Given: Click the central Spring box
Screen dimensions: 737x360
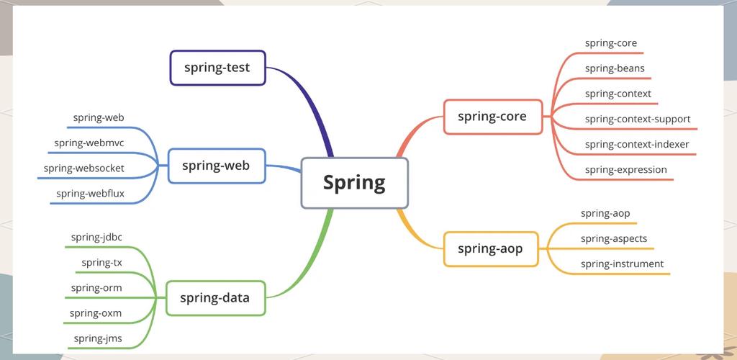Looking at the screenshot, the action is click(x=354, y=183).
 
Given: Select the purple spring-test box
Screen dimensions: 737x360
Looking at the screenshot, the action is click(x=217, y=68).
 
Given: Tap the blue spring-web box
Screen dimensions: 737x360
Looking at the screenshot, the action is click(x=217, y=166).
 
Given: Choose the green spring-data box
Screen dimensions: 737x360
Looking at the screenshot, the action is click(x=216, y=298).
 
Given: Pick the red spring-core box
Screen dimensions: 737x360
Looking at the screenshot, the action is click(x=493, y=117).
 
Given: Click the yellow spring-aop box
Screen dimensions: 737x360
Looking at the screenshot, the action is click(x=491, y=249).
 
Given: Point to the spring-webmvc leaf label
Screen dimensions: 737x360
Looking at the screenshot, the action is click(x=89, y=143).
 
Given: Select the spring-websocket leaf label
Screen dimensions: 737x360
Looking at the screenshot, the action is click(x=84, y=168).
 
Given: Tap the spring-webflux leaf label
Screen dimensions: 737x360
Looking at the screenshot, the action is click(x=90, y=193).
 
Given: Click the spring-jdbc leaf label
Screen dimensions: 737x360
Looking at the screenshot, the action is click(x=96, y=238).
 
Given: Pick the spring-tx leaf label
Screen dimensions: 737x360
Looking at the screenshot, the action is click(x=101, y=263).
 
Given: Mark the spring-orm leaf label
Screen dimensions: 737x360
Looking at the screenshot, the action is click(x=96, y=288).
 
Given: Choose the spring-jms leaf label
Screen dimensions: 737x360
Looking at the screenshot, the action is click(x=98, y=339).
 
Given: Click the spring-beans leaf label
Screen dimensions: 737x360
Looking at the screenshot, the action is click(x=615, y=68).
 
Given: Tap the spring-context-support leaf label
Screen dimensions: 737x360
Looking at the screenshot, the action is click(x=638, y=120).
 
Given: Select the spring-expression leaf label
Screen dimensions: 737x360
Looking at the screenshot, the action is click(x=626, y=170).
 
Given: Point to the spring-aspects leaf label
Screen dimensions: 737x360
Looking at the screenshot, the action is click(x=614, y=239).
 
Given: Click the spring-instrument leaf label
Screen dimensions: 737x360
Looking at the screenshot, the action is click(x=623, y=264).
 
